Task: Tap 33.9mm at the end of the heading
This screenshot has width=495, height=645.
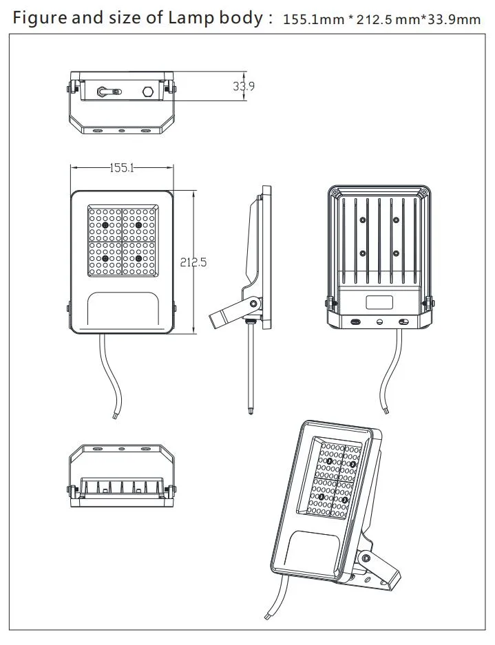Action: coord(455,20)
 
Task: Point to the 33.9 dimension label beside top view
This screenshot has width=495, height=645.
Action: coord(243,86)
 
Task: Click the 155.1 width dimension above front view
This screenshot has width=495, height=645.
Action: coord(121,167)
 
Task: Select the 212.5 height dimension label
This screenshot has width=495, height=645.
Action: coord(193,262)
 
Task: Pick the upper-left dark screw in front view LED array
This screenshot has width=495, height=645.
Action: coord(105,225)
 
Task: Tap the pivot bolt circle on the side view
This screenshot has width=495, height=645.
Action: coord(253,303)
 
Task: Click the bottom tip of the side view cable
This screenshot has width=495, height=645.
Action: coord(250,412)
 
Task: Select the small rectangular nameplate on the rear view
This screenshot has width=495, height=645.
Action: coord(379,302)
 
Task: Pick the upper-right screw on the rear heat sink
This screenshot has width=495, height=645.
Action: coord(396,220)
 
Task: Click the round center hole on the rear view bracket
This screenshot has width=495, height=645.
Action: coord(379,321)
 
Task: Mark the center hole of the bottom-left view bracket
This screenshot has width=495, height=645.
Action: coord(121,449)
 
